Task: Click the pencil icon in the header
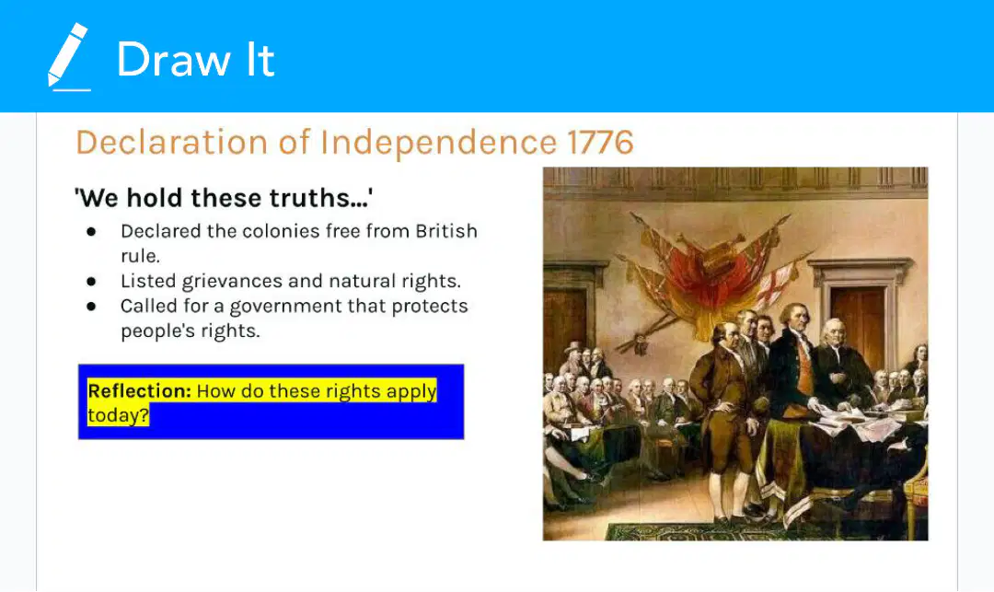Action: click(x=68, y=57)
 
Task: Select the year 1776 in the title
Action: click(x=600, y=142)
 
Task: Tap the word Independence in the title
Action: click(x=438, y=143)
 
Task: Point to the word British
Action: click(x=446, y=231)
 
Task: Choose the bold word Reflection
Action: click(x=139, y=391)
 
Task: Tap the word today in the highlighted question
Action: click(x=118, y=415)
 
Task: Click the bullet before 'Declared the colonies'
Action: click(x=91, y=231)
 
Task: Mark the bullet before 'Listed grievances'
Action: click(x=91, y=282)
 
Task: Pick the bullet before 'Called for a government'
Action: click(x=91, y=307)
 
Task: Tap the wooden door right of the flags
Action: click(x=860, y=317)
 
